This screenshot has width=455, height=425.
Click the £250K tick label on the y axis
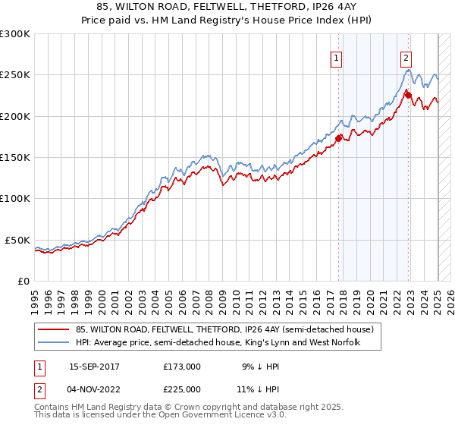pos(15,75)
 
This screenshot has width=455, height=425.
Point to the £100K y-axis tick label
pos(15,198)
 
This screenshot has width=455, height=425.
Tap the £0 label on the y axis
pos(24,281)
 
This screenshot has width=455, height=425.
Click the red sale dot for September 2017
pos(339,138)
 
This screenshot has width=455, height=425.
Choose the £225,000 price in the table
pos(182,390)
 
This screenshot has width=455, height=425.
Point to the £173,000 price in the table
pos(182,366)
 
